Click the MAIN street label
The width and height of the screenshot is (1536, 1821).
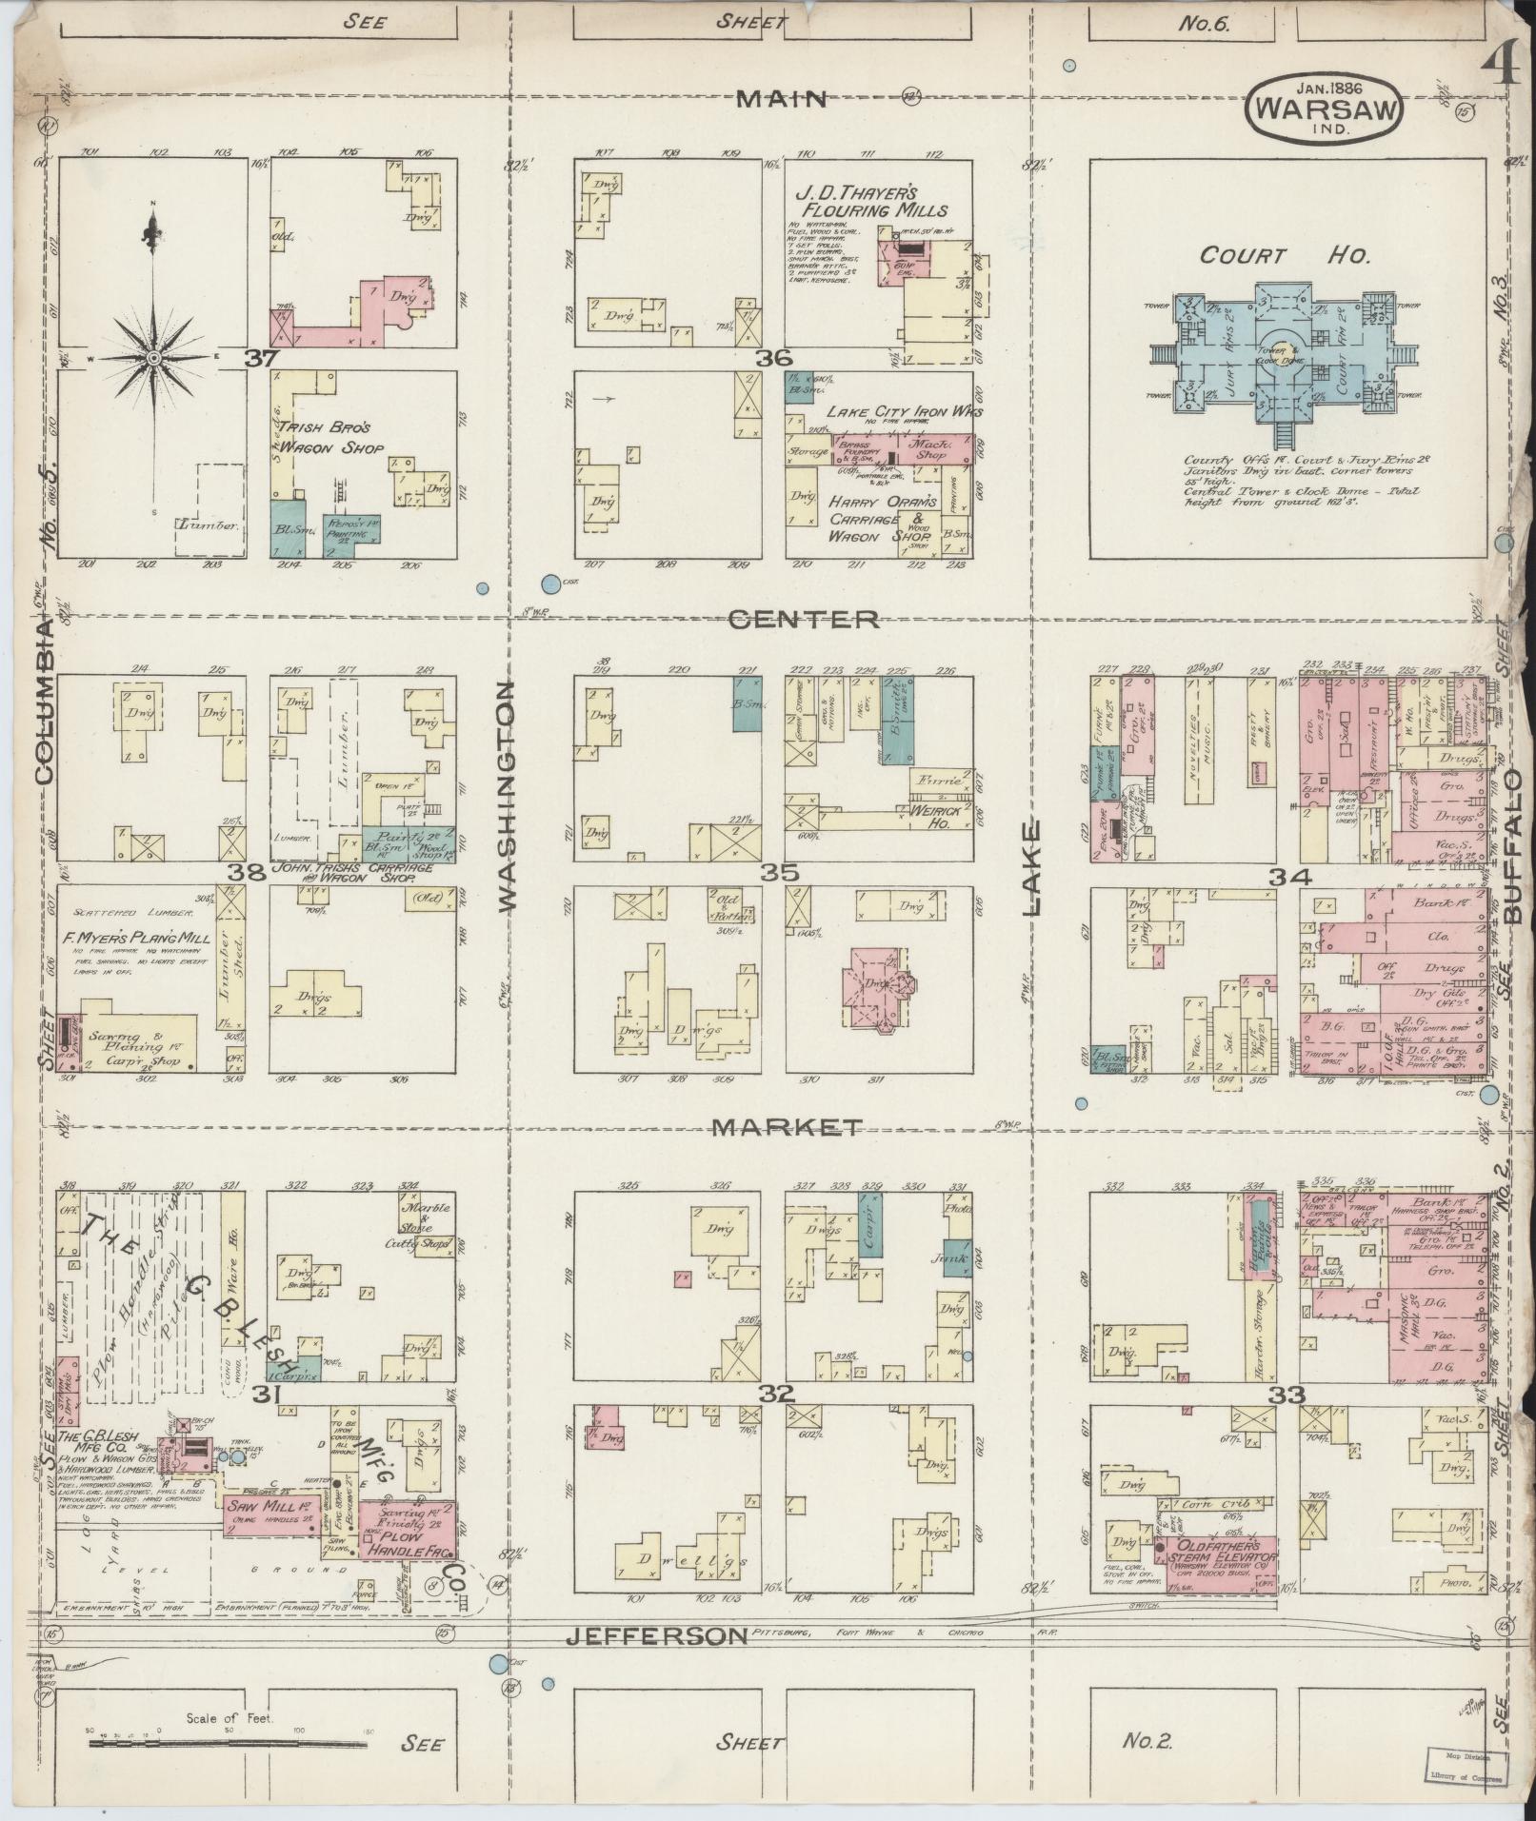click(784, 98)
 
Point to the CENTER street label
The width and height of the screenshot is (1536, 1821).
click(804, 620)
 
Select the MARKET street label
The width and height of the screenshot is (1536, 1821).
click(787, 1127)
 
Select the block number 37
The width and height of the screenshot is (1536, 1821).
click(258, 360)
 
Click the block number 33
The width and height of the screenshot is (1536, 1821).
click(1290, 1395)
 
